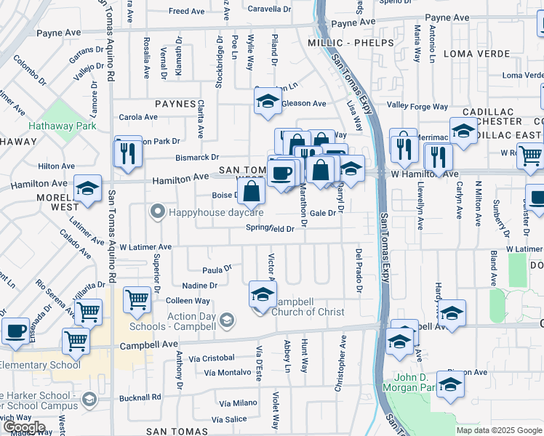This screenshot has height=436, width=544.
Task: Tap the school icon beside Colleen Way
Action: pos(263,294)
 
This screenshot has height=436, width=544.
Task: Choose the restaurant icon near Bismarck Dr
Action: pos(128,153)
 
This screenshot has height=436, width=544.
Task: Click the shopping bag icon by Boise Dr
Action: pos(251,193)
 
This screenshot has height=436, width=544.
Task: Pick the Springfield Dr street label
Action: pos(270,228)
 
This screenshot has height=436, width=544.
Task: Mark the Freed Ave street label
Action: pos(187,12)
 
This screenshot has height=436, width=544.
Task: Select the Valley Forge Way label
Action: pos(417,106)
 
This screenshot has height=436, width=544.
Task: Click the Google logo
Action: pos(23,427)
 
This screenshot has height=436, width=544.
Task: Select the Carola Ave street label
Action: pos(138,117)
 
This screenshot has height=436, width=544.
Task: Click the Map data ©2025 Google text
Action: pos(498,430)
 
